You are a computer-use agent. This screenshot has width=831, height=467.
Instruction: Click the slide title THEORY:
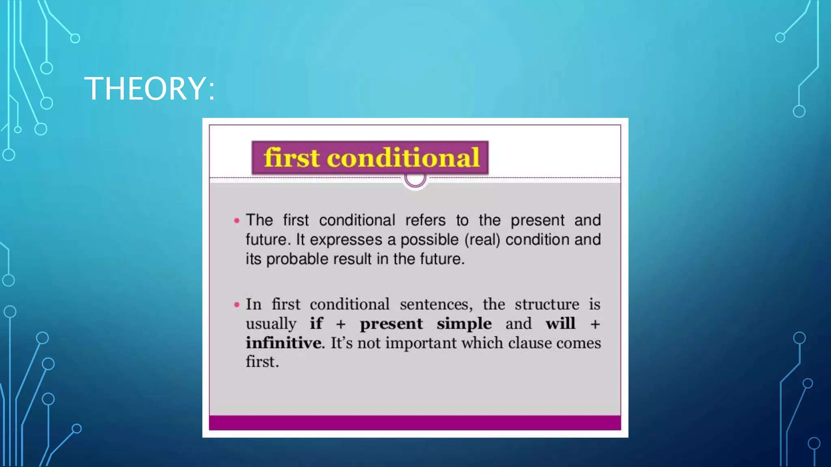(149, 88)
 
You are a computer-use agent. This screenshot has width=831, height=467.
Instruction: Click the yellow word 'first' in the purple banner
(291, 158)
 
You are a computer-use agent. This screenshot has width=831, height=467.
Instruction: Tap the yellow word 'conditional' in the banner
(403, 158)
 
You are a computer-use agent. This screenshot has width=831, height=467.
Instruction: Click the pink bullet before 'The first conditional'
(237, 221)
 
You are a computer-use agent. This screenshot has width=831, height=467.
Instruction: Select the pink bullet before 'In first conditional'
(237, 304)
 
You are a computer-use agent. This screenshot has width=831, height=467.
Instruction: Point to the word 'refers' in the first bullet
(425, 220)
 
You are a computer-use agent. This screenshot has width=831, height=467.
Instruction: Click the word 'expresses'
(346, 240)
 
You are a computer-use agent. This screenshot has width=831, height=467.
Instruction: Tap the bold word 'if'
(316, 323)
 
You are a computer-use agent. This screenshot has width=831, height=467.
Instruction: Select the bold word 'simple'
(464, 323)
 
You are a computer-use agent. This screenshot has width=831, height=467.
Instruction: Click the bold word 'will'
(560, 323)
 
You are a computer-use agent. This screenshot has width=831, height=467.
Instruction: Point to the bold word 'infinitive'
(284, 343)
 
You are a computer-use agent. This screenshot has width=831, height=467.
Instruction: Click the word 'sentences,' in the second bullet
(436, 304)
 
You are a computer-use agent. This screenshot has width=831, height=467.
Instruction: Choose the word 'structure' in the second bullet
(547, 304)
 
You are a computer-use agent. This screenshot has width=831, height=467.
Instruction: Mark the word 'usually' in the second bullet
(271, 323)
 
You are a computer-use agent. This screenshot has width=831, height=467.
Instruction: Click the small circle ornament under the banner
(415, 179)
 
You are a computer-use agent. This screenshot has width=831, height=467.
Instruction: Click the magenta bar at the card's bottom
(415, 422)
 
